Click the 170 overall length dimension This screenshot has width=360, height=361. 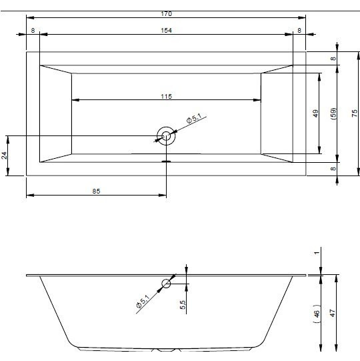click(166, 14)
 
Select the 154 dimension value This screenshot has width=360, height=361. click(166, 31)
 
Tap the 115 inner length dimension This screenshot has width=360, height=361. click(166, 97)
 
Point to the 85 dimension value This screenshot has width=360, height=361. click(97, 192)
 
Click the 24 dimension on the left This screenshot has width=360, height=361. click(5, 155)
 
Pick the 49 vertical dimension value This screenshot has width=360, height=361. click(316, 113)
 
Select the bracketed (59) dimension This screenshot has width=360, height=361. click(333, 113)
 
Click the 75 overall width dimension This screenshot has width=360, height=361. click(355, 113)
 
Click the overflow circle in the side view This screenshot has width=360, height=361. click(166, 284)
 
